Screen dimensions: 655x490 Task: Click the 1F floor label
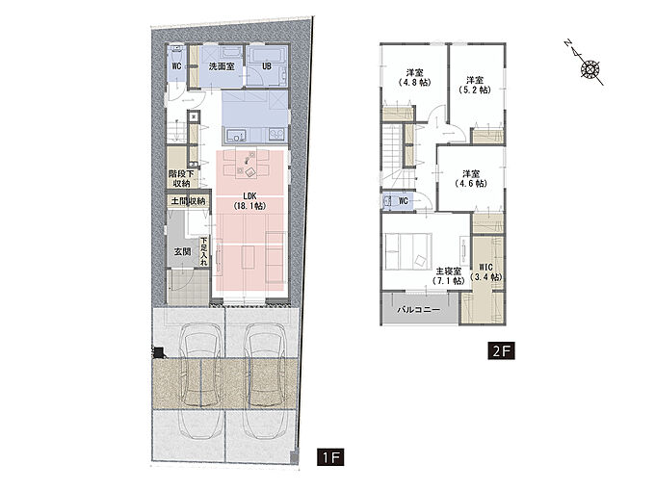coord(330,457)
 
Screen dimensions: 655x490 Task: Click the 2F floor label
coord(501,350)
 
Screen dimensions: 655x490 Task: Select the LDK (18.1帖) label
coord(249,201)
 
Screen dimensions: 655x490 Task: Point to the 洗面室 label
coord(222,66)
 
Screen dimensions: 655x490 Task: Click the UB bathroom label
coord(267,66)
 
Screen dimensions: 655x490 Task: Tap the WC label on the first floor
coord(176,66)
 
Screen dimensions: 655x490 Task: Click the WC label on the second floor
coord(403,201)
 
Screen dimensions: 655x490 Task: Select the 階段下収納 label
coord(181,179)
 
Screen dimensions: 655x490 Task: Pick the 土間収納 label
coord(188,201)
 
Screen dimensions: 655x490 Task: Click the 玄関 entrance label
coord(183,251)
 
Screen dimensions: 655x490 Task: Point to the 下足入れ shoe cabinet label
coord(204,251)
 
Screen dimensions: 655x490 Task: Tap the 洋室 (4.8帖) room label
coord(414,78)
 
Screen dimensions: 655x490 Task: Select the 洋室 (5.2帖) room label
coord(475,85)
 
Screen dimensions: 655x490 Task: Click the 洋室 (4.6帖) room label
coord(471,178)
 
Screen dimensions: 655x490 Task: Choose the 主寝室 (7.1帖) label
coord(449,276)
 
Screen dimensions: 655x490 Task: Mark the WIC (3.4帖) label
coord(485,271)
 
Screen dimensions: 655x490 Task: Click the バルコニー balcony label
coord(418,310)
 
